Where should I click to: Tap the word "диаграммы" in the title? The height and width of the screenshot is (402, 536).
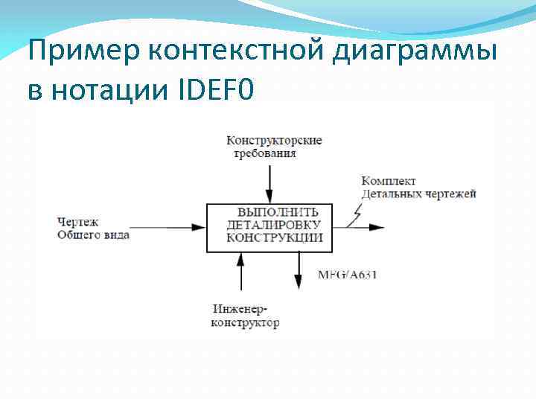419,54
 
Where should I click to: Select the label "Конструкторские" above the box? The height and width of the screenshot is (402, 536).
274,141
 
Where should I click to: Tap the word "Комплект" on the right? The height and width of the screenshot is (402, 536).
388,181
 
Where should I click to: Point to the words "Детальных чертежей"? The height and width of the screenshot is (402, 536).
418,194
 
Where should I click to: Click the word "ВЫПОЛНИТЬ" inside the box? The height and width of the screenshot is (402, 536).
272,212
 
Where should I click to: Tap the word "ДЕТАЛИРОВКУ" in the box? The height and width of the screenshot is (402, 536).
273,225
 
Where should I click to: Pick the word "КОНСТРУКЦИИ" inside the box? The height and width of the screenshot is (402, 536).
274,237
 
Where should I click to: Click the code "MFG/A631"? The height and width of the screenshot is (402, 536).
348,275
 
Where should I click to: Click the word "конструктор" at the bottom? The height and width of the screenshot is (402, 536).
246,322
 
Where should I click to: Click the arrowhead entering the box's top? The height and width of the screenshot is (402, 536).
270,195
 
